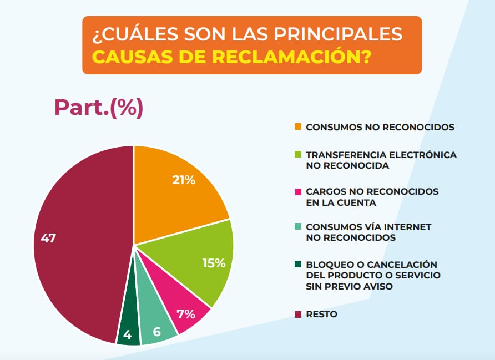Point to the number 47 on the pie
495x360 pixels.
pyautogui.click(x=48, y=239)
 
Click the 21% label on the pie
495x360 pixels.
pyautogui.click(x=183, y=180)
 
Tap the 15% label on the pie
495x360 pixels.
pyautogui.click(x=214, y=263)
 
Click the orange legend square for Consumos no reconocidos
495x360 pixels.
pyautogui.click(x=298, y=127)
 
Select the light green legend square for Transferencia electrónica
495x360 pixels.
pyautogui.click(x=298, y=155)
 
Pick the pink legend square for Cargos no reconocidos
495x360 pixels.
pyautogui.click(x=298, y=192)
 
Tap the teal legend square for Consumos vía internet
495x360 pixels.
pyautogui.click(x=298, y=227)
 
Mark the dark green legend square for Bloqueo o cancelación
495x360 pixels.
pyautogui.click(x=298, y=265)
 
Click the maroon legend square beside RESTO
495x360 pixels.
pyautogui.click(x=298, y=315)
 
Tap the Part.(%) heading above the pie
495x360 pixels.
pyautogui.click(x=99, y=107)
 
